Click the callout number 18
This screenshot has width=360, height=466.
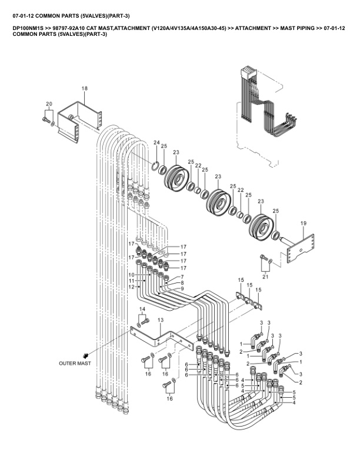tap(85, 88)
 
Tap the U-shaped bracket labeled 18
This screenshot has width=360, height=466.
tap(79, 122)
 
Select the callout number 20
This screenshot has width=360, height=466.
tap(49, 104)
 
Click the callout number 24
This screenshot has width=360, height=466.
tap(156, 142)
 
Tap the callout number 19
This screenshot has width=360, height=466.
tap(304, 223)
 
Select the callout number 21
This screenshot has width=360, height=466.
tap(265, 277)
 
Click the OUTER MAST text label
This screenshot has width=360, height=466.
tap(75, 363)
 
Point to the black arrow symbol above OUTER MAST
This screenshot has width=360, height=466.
tap(86, 355)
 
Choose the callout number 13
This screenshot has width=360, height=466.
tap(161, 320)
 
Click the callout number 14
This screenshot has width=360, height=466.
tap(142, 309)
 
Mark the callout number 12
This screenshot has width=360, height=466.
tap(131, 287)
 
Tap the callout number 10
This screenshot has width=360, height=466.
tap(131, 274)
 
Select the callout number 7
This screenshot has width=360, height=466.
tap(182, 277)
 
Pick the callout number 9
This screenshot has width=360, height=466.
tap(182, 288)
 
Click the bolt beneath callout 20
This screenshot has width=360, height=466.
tap(45, 120)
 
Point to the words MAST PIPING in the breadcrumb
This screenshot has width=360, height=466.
tap(297, 28)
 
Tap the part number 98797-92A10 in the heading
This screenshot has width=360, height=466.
tap(69, 28)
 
